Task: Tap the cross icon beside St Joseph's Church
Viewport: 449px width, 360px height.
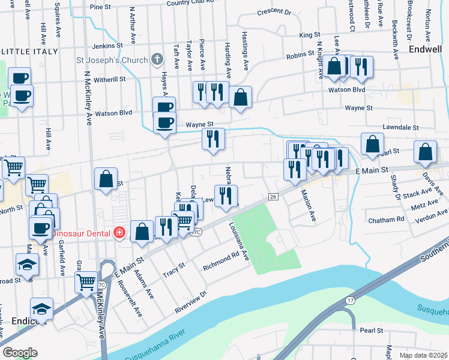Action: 157,59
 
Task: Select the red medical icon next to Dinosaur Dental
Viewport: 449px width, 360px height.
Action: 119,232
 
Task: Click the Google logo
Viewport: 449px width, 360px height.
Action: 20,353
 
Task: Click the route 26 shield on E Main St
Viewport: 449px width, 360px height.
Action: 273,197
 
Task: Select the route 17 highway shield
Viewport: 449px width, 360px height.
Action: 351,299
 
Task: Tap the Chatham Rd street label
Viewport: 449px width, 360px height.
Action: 388,220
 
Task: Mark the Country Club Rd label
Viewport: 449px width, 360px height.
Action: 190,3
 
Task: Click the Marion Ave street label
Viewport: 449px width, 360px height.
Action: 309,206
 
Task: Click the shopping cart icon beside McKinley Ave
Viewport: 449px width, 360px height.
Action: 86,280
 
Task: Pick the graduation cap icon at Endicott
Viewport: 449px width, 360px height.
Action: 41,308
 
